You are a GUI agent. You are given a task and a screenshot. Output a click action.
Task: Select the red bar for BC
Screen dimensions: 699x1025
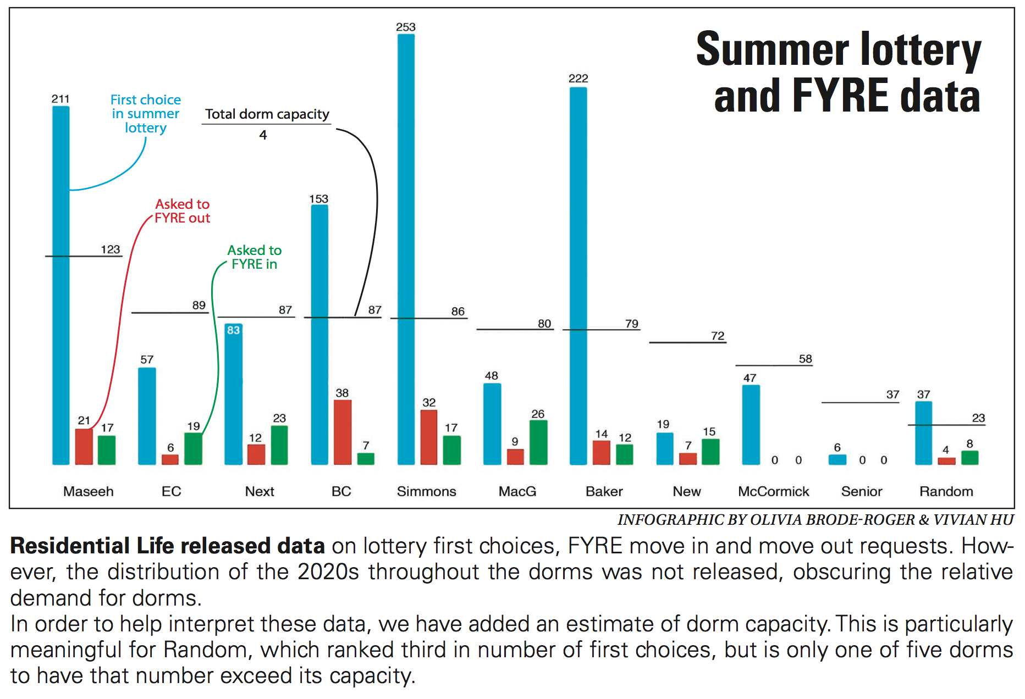point(343,432)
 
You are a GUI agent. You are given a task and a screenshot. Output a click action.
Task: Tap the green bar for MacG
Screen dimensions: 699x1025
point(538,442)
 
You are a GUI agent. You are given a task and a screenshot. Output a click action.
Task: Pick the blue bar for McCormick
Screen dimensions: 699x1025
point(751,424)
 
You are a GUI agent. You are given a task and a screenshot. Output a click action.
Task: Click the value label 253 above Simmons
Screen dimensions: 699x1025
point(406,27)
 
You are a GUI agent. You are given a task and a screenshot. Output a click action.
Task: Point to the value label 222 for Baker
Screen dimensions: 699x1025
point(578,79)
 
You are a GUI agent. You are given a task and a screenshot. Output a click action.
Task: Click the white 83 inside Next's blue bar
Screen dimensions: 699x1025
point(234,330)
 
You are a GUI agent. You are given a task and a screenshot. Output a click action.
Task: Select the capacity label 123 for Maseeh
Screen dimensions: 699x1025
point(110,249)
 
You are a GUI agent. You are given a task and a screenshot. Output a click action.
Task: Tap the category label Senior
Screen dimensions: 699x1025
point(861,491)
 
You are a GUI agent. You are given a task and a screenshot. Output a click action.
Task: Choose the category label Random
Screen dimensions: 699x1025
point(946,491)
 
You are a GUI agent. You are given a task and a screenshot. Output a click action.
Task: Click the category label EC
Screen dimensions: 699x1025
point(171,491)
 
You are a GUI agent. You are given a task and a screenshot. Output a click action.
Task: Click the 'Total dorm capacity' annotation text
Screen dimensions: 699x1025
point(267,114)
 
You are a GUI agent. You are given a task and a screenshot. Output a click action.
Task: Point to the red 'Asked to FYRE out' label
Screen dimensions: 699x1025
point(182,211)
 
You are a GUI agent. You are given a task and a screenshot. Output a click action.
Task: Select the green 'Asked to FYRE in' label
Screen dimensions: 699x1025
point(254,257)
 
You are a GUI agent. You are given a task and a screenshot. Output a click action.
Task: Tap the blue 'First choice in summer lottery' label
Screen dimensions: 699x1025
point(146,114)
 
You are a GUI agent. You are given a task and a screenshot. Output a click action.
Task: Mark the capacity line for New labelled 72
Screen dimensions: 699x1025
point(687,342)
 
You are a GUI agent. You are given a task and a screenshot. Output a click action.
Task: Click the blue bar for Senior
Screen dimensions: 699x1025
point(837,459)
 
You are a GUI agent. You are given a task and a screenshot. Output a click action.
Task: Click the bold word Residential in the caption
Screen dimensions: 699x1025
point(69,546)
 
